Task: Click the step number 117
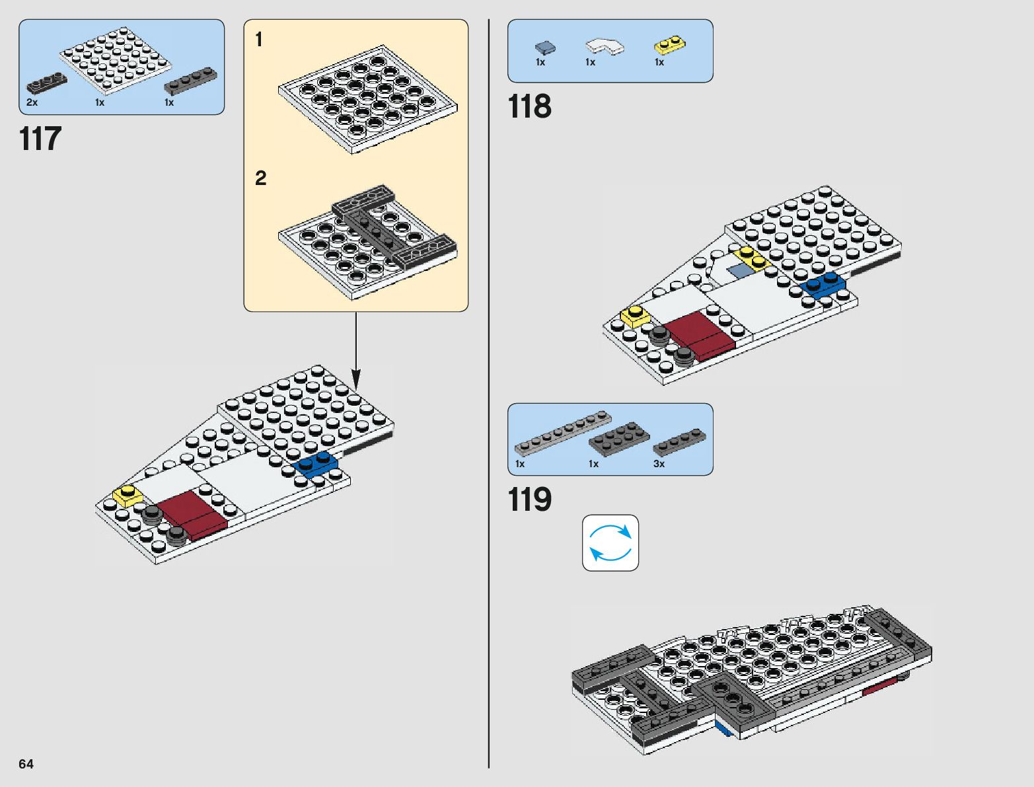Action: coord(40,139)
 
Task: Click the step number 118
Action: coord(529,107)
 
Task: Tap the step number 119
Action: coord(529,500)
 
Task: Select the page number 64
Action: coord(26,764)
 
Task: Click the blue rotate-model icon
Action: coord(610,543)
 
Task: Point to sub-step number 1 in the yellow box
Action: coord(259,40)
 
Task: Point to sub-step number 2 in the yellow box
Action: coord(261,178)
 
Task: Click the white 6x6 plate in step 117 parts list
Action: coord(116,61)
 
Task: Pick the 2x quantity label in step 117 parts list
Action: coord(32,103)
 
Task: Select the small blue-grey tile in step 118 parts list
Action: coord(545,48)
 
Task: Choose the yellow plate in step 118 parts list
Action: coord(669,45)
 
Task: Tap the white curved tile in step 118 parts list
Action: coord(604,46)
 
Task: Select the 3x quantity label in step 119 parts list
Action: coord(659,464)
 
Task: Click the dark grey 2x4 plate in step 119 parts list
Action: coord(619,438)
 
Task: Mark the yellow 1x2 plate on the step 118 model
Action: coord(752,258)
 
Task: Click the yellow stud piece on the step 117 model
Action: coord(128,495)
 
